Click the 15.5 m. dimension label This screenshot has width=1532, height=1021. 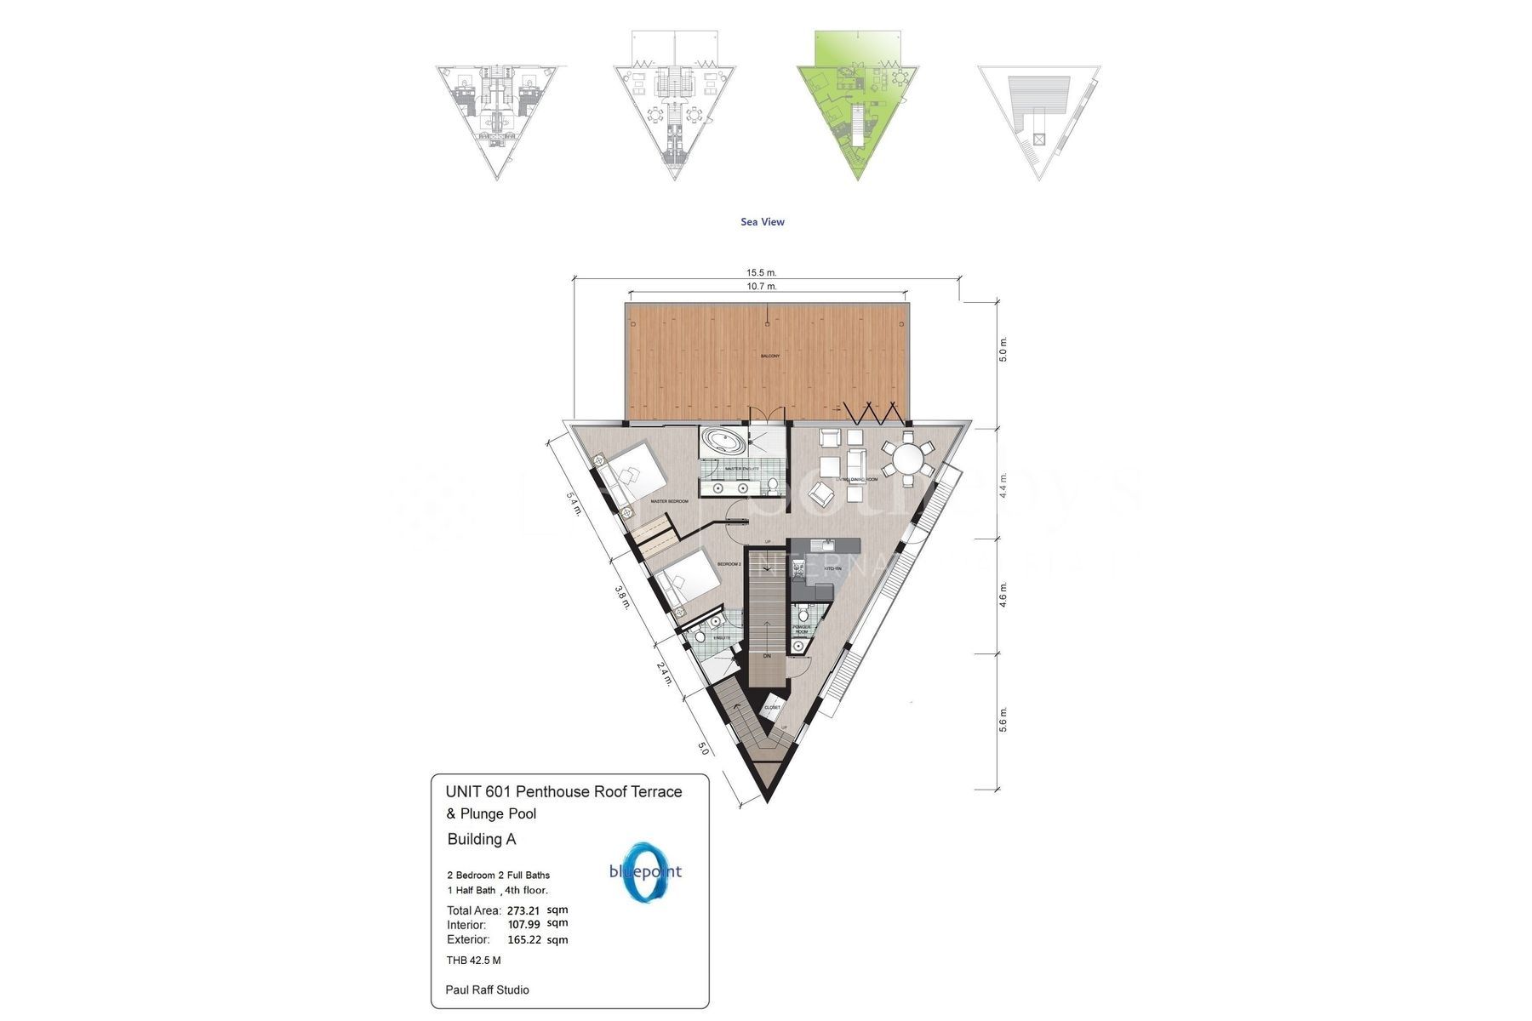click(762, 272)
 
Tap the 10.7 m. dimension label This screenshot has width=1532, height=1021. click(762, 287)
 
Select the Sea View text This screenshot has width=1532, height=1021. click(763, 222)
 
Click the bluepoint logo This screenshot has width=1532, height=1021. click(645, 872)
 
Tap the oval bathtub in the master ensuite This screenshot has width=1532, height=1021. click(723, 442)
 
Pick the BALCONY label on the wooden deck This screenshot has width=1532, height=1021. click(769, 356)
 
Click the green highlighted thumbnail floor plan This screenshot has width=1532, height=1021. click(856, 106)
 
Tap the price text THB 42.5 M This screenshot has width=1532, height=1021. click(473, 961)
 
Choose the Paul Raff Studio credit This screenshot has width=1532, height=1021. click(487, 990)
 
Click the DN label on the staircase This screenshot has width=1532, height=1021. click(766, 656)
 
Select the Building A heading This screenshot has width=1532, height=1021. click(482, 839)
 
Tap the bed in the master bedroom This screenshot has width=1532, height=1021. click(634, 472)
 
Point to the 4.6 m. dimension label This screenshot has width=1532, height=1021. click(1003, 595)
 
